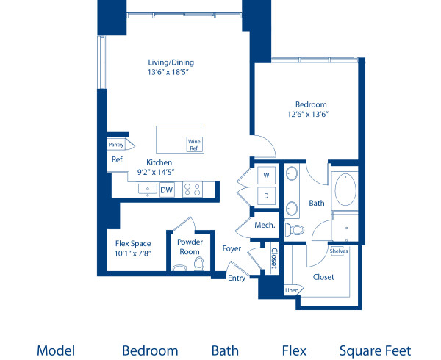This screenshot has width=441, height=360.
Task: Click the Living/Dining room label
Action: point(171,62)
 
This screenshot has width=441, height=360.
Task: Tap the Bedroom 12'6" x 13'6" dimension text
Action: point(307,114)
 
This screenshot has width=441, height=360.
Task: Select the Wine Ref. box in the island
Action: point(195,143)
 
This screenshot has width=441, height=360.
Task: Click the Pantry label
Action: point(116,145)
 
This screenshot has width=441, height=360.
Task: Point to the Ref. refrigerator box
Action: point(117,159)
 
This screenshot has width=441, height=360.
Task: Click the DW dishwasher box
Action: point(167,190)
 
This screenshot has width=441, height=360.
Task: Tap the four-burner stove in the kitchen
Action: point(193,190)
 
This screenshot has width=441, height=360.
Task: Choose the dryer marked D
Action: point(265,196)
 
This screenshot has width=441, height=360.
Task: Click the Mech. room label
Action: point(265,226)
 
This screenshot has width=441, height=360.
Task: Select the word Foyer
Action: point(232,248)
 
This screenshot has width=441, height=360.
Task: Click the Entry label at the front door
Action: point(237,278)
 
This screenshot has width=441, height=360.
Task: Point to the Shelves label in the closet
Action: point(339,251)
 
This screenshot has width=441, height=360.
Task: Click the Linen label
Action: point(291,290)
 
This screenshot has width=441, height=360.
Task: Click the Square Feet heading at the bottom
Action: point(375,350)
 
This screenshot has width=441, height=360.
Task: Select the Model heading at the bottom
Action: point(56,350)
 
